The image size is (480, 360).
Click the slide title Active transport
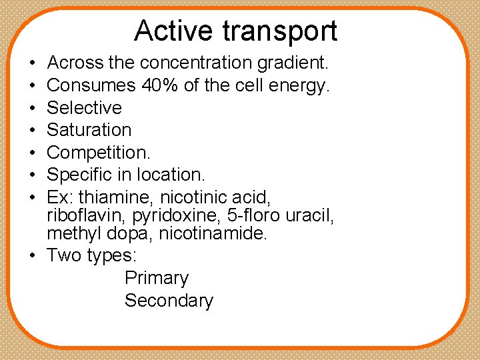pyautogui.click(x=235, y=31)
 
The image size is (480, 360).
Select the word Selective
pyautogui.click(x=85, y=107)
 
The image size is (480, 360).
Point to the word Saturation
pyautogui.click(x=89, y=129)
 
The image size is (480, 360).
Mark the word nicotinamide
pyautogui.click(x=212, y=233)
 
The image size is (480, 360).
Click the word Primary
pyautogui.click(x=156, y=278)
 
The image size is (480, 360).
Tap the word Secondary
pyautogui.click(x=169, y=301)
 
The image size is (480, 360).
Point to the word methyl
pyautogui.click(x=71, y=233)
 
